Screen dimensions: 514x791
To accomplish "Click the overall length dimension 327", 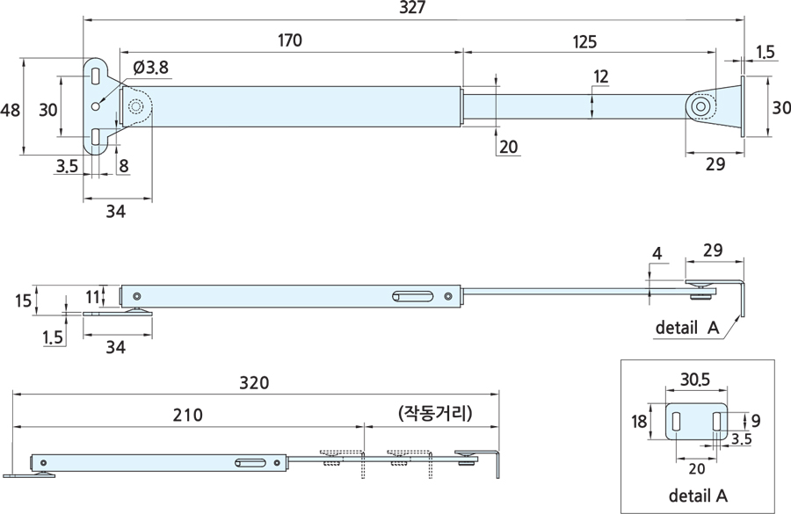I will pyautogui.click(x=412, y=8).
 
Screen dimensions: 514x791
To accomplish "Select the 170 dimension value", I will pyautogui.click(x=290, y=40).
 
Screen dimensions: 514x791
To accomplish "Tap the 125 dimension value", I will pyautogui.click(x=585, y=40).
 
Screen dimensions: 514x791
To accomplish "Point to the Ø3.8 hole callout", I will pyautogui.click(x=151, y=67).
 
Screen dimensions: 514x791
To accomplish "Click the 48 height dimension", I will pyautogui.click(x=11, y=110).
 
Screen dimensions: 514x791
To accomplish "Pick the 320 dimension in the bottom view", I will pyautogui.click(x=254, y=384).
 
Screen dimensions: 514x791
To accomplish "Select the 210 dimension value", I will pyautogui.click(x=188, y=415).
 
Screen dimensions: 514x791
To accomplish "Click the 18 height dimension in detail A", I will pyautogui.click(x=639, y=422).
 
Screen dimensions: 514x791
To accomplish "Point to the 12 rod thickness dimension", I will pyautogui.click(x=600, y=76).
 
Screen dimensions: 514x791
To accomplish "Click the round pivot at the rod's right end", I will pyautogui.click(x=700, y=106).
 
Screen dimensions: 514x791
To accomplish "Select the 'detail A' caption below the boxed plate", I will pyautogui.click(x=698, y=495).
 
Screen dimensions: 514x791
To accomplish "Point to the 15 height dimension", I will pyautogui.click(x=25, y=300).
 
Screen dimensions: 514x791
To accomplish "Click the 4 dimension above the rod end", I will pyautogui.click(x=657, y=254).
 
